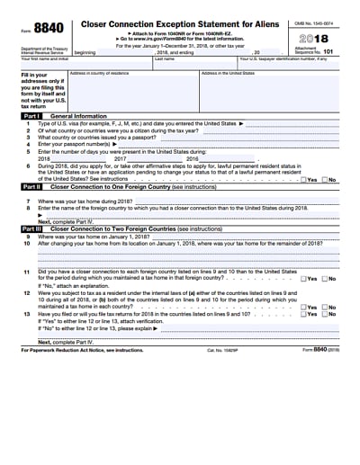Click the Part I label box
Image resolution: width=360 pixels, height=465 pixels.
pyautogui.click(x=31, y=116)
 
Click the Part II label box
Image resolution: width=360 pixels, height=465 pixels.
pyautogui.click(x=31, y=185)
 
